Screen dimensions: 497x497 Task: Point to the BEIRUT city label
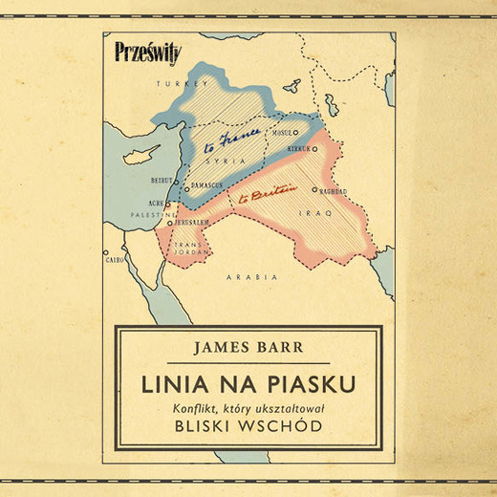tap(161, 180)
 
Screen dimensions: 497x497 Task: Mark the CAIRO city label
tap(115, 259)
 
